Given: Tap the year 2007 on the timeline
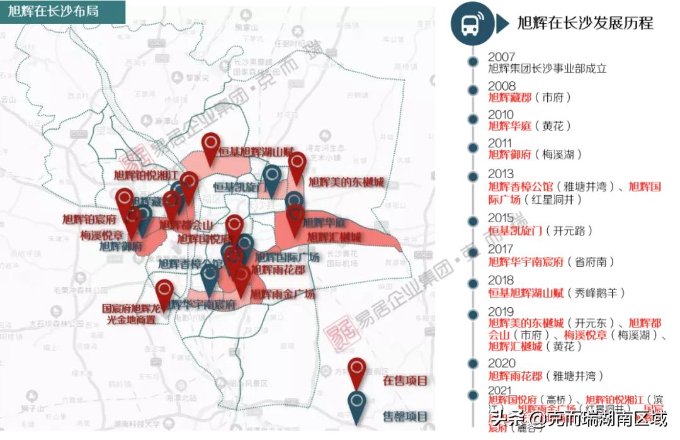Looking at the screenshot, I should tap(501, 57).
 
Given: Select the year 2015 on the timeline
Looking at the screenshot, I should tap(501, 218).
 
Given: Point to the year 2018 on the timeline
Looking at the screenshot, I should tap(501, 280).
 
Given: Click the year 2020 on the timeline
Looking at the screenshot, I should tap(501, 363).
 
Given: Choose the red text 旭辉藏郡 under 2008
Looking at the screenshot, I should tap(510, 98).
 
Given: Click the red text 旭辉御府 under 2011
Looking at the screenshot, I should tap(510, 154).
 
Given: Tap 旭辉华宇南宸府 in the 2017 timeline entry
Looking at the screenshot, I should tap(526, 262).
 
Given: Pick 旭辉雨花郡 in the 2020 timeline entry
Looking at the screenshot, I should tap(515, 376).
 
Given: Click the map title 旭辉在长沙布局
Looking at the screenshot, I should tap(54, 11).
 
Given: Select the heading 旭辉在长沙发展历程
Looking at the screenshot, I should tap(585, 24).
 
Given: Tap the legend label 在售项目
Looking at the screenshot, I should tap(405, 381).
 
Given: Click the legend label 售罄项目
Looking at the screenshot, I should tap(405, 417).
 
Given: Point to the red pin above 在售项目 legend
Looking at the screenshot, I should tap(357, 371).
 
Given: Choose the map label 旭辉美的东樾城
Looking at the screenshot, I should tap(346, 183).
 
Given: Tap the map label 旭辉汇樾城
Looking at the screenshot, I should tap(334, 237).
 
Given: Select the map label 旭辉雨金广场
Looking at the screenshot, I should tap(283, 294).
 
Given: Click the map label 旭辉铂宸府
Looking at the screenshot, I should tap(89, 220).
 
